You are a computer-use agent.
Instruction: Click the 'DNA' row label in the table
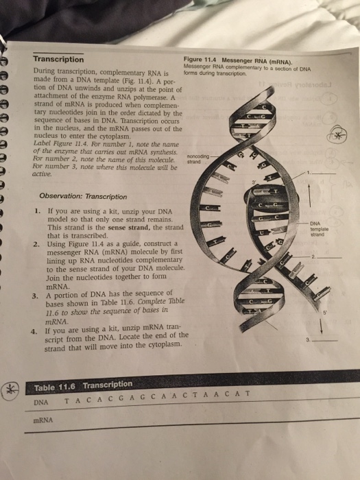pyautogui.click(x=40, y=401)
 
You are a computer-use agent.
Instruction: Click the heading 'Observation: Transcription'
pyautogui.click(x=82, y=196)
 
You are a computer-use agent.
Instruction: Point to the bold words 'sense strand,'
pyautogui.click(x=97, y=227)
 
